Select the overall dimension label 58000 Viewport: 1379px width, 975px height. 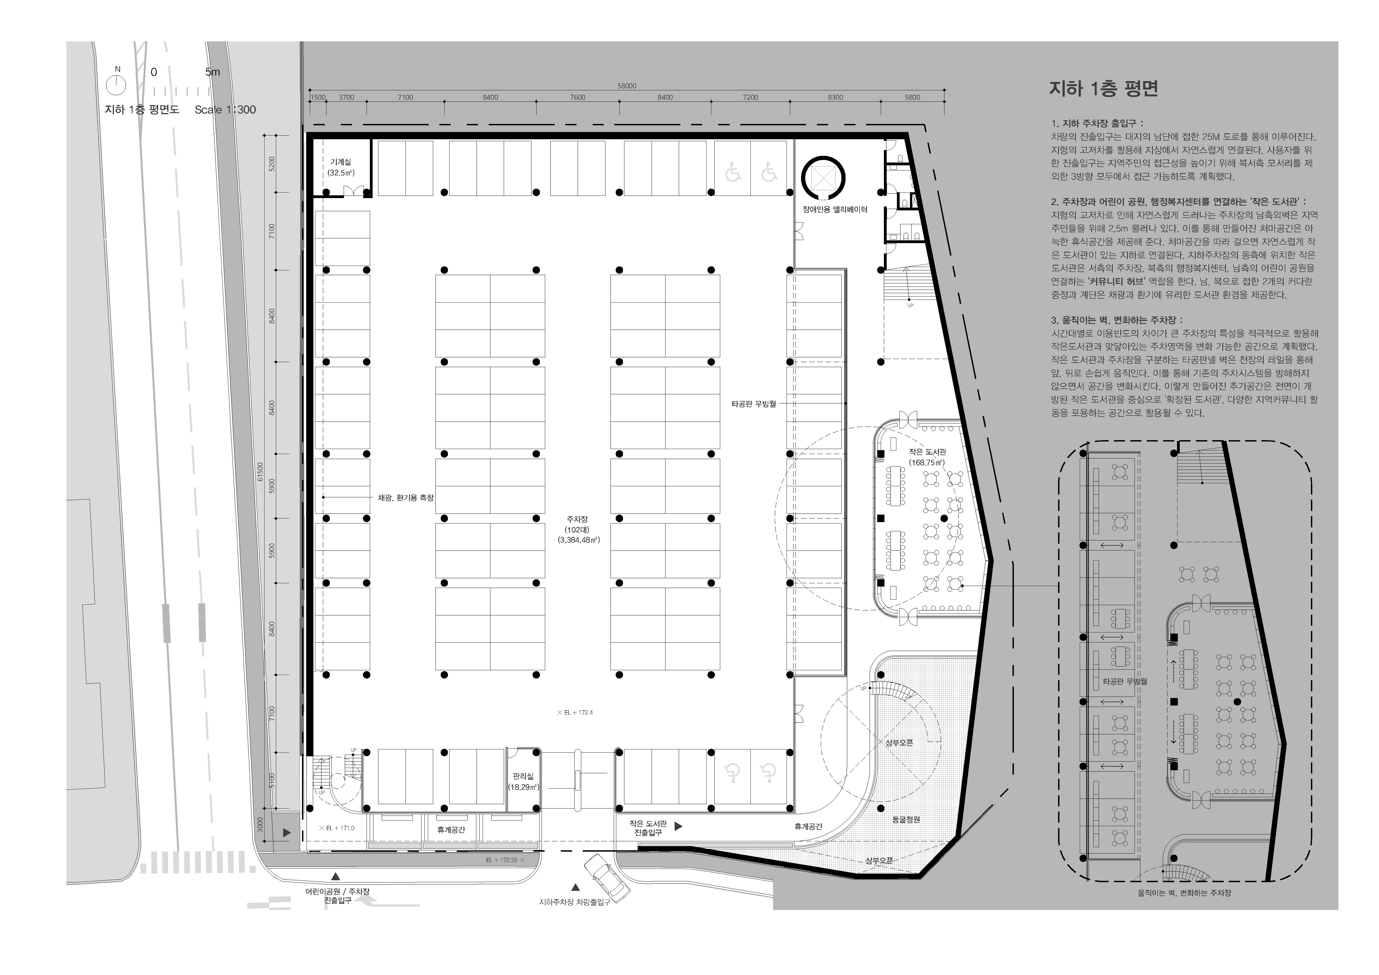pyautogui.click(x=626, y=86)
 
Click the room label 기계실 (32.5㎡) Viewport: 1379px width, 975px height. pyautogui.click(x=341, y=167)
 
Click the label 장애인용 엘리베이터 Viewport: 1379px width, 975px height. pyautogui.click(x=835, y=210)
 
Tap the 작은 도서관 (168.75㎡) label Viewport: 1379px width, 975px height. pyautogui.click(x=927, y=457)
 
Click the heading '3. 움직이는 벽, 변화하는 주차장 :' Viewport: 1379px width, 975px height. pyautogui.click(x=1116, y=320)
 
